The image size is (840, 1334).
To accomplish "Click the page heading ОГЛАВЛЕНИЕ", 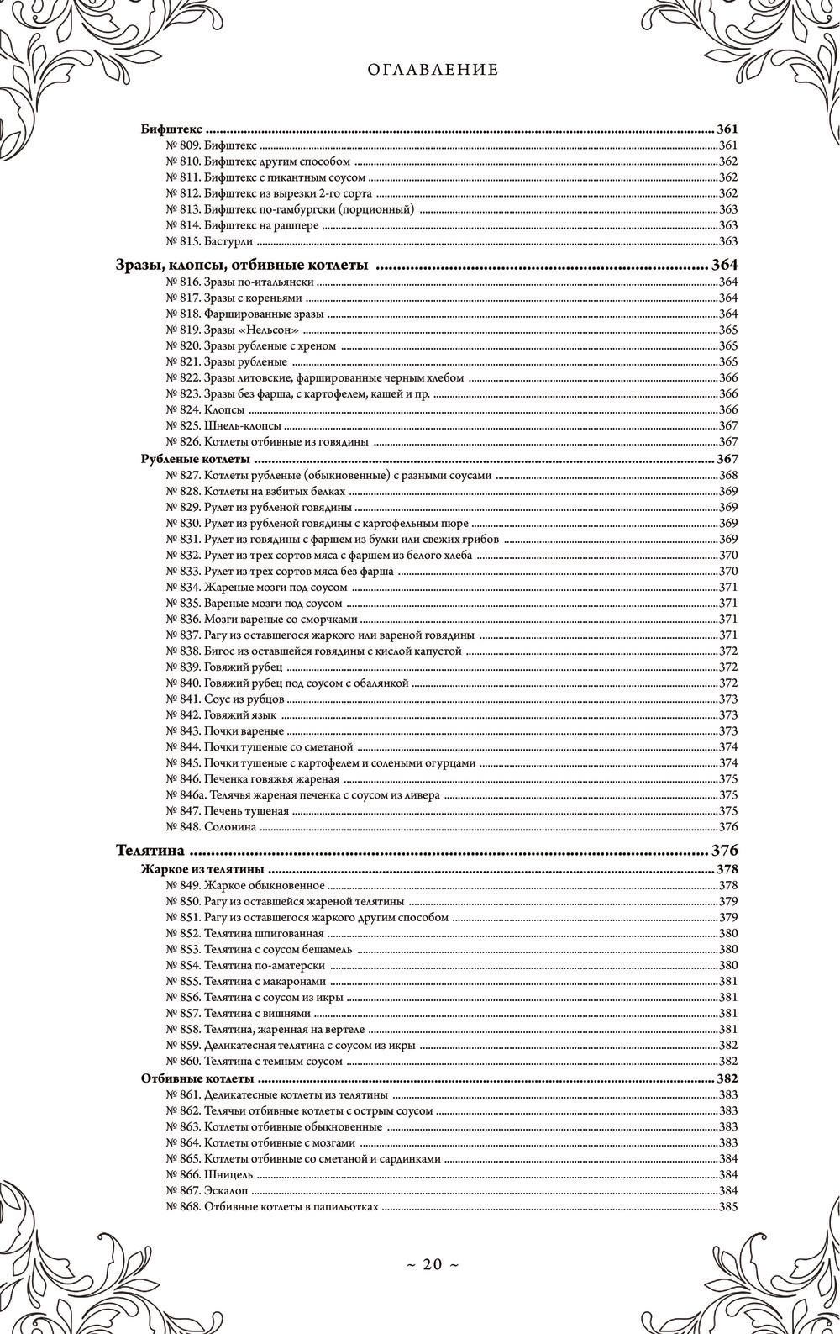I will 433,71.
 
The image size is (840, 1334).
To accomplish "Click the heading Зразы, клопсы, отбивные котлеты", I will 241,266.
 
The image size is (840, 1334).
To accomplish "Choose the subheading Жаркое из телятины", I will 202,868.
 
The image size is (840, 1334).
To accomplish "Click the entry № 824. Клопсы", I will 205,409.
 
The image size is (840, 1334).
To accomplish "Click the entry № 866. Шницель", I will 206,1174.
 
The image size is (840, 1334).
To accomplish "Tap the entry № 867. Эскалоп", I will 206,1190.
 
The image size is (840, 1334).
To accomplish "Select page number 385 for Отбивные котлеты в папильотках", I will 727,1206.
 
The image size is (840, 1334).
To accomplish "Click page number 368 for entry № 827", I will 727,476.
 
